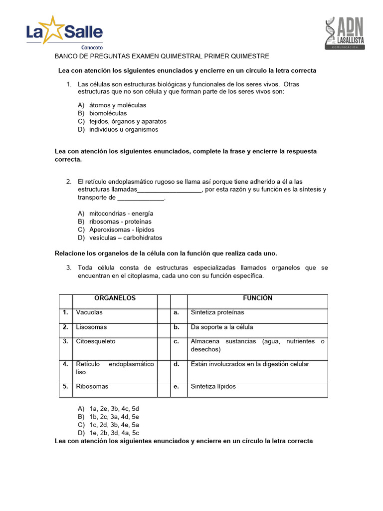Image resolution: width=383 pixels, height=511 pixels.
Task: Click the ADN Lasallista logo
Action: click(344, 33)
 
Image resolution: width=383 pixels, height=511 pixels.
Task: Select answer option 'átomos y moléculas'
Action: click(118, 105)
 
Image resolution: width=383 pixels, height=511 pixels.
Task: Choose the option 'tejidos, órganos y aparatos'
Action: click(128, 121)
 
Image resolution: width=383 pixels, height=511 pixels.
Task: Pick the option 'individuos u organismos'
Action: click(124, 129)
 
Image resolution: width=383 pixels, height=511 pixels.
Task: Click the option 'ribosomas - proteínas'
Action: click(120, 222)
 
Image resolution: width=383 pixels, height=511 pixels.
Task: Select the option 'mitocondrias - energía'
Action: click(121, 213)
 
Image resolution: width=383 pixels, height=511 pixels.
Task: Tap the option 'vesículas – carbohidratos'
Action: click(126, 238)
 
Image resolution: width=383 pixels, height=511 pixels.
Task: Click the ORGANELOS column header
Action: click(115, 298)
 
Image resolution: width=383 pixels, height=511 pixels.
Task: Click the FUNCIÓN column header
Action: click(257, 298)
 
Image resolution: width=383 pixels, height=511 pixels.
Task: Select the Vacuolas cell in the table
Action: click(89, 313)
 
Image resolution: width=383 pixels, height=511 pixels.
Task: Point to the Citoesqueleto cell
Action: click(96, 342)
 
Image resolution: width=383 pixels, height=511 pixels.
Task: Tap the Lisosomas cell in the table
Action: click(91, 327)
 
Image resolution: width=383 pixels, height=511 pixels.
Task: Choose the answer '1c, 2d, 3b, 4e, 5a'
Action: click(114, 425)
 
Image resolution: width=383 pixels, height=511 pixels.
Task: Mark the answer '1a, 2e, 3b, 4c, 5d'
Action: click(114, 408)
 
